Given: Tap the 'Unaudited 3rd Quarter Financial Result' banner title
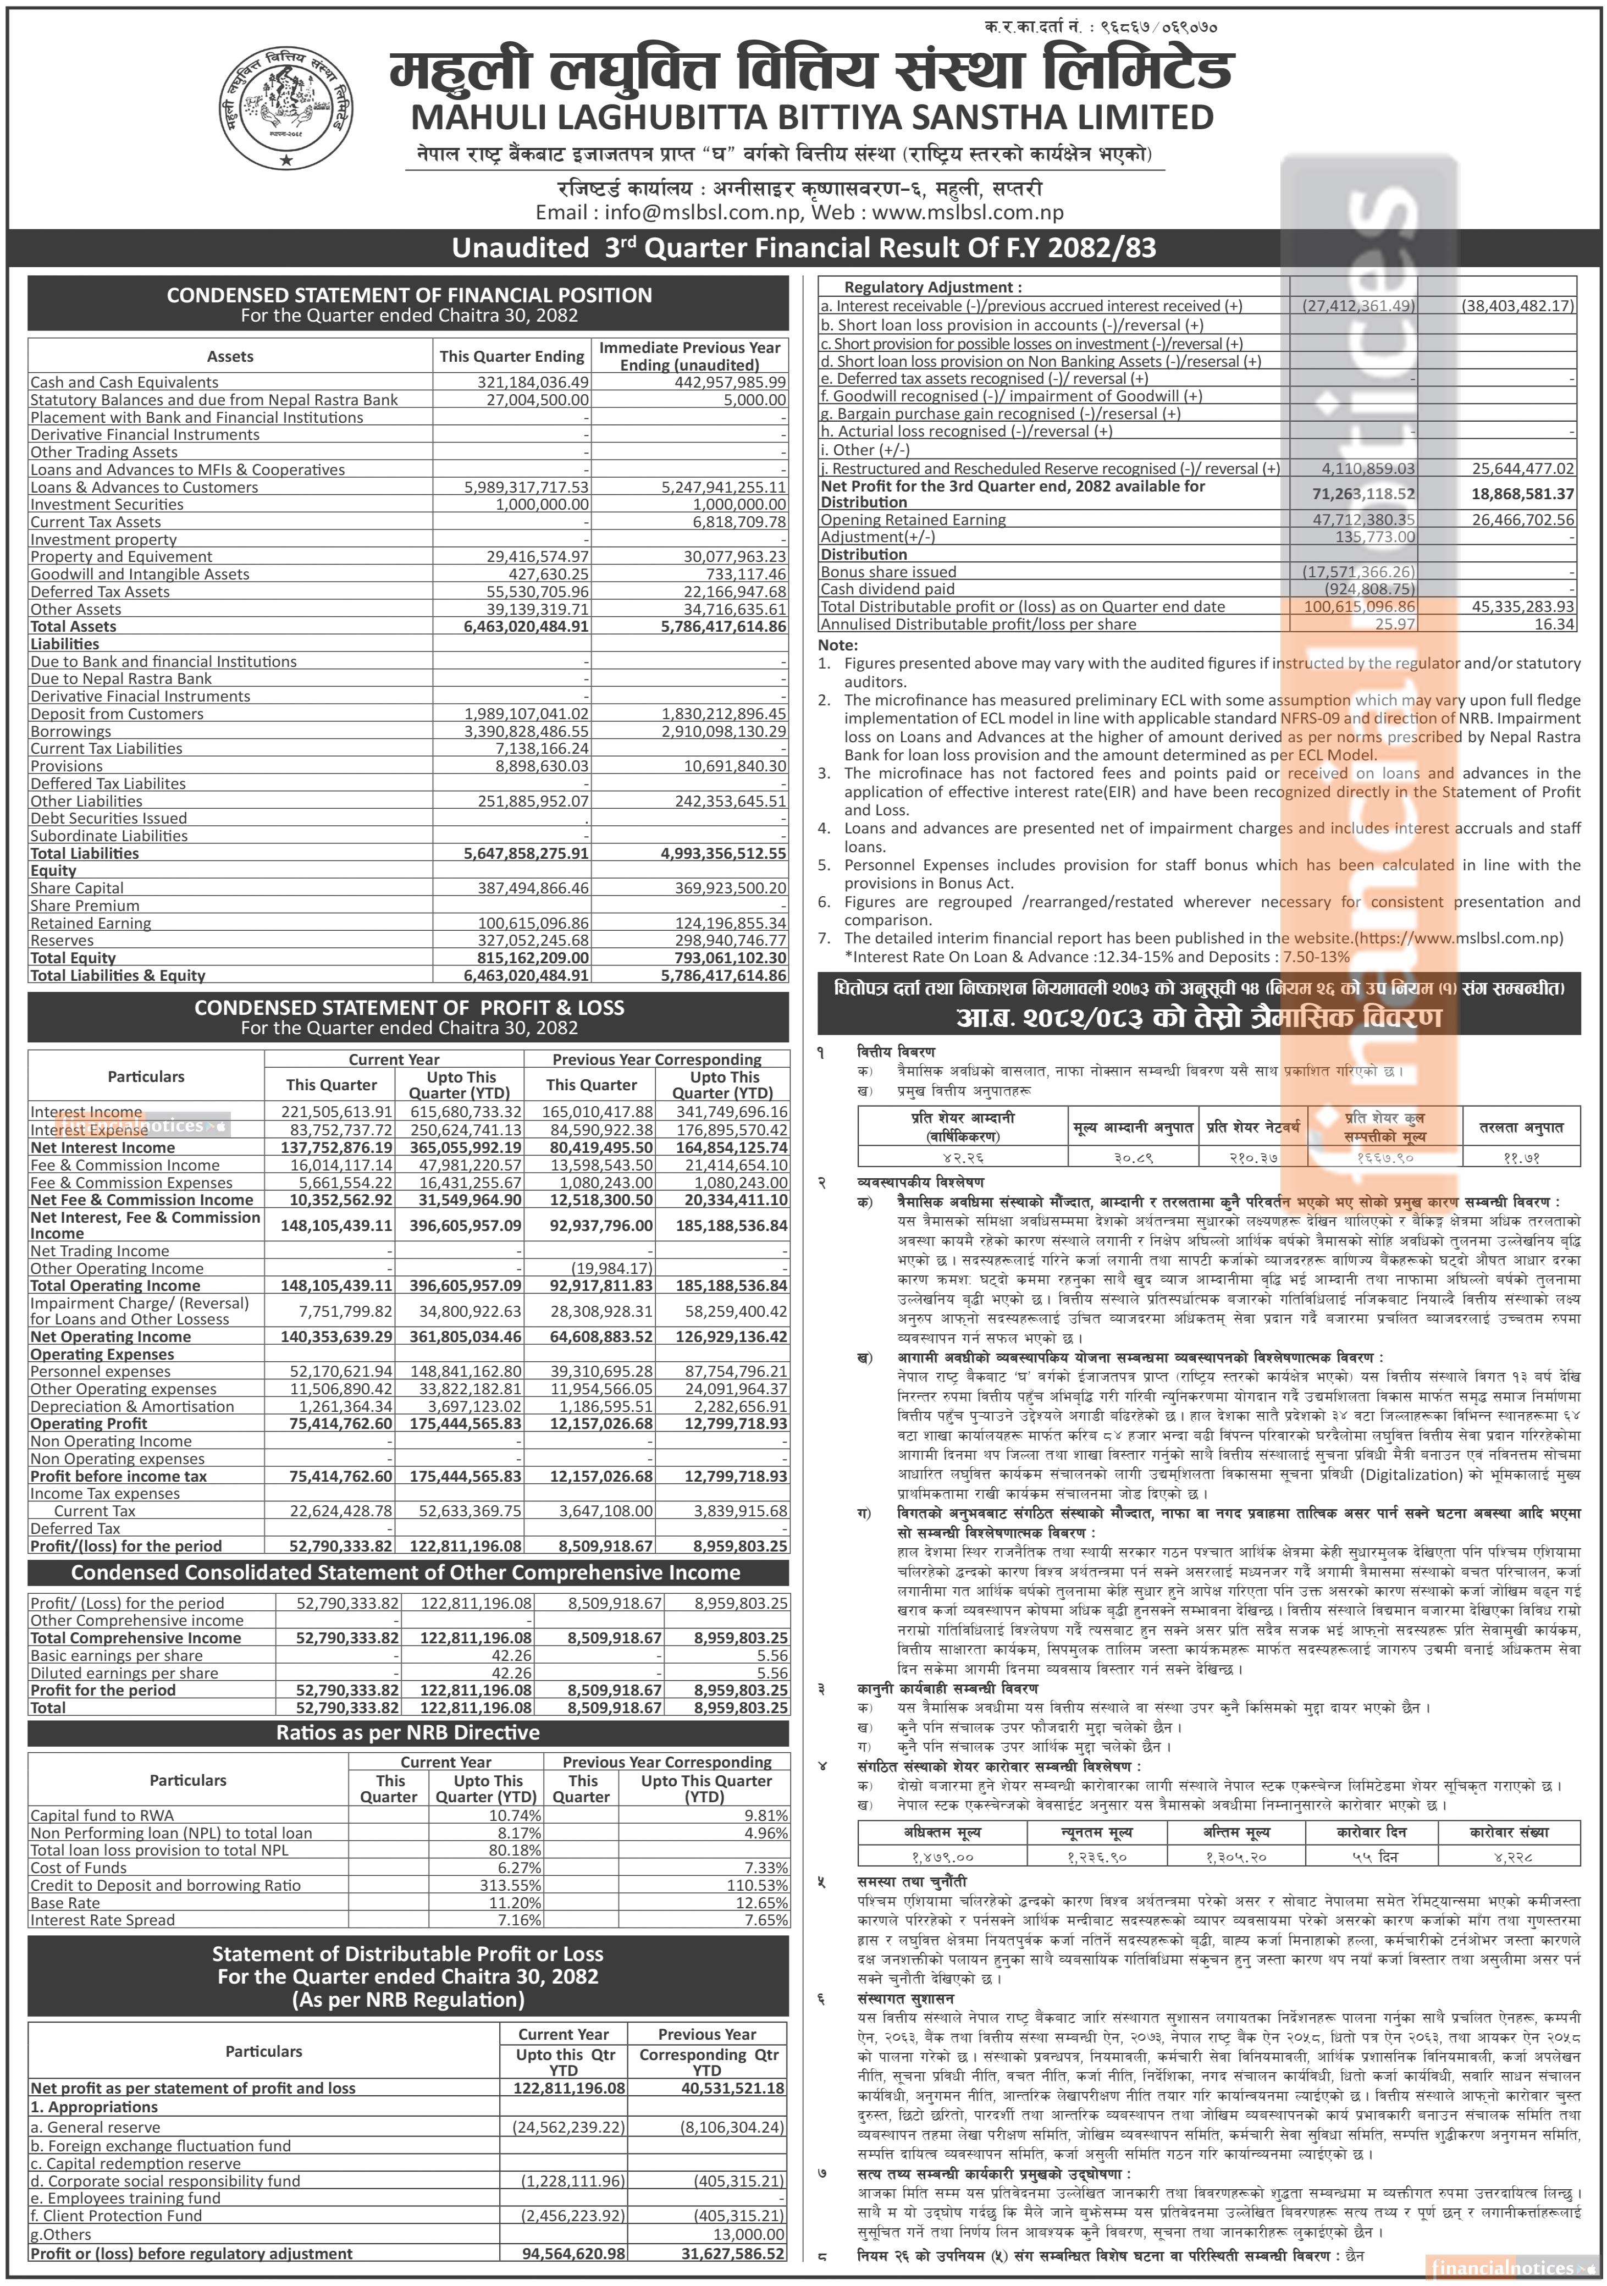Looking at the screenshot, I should click(804, 248).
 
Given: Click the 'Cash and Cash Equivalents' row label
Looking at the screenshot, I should click(124, 382).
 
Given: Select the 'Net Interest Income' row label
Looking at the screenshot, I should click(103, 1147).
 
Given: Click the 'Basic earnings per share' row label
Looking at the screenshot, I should click(117, 1656).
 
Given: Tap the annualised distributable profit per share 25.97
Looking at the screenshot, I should click(1394, 624).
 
